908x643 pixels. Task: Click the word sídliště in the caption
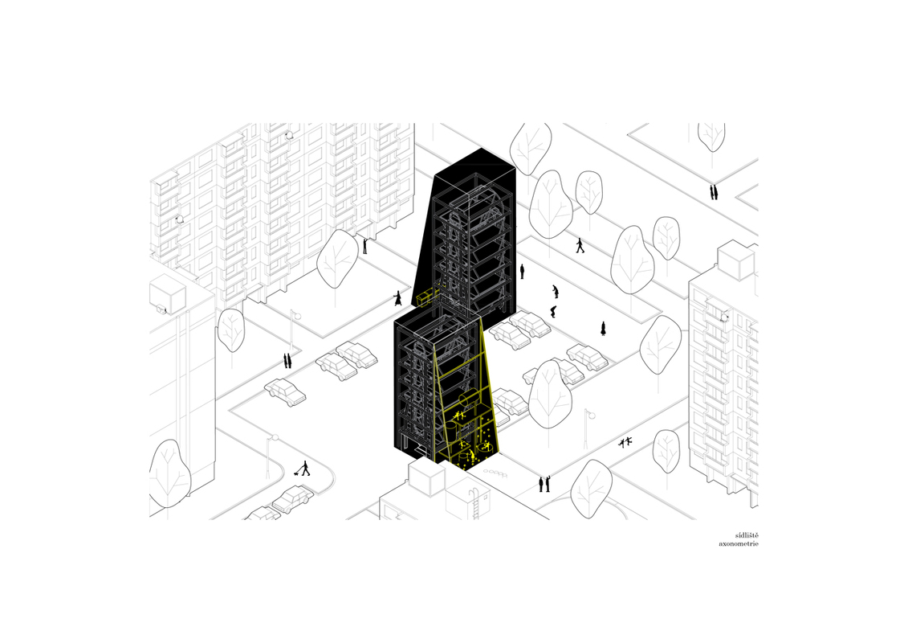(x=747, y=535)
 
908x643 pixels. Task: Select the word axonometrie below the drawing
(x=739, y=544)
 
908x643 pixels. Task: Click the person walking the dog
(x=305, y=468)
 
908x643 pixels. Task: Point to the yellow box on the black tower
(x=425, y=299)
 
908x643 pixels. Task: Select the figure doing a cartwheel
(x=625, y=443)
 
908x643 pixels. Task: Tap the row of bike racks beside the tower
(x=495, y=473)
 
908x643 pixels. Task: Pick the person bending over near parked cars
(x=554, y=312)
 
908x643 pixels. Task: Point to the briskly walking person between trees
(x=580, y=246)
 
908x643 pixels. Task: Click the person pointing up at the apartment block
(x=364, y=245)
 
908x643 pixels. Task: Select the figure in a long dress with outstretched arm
(x=398, y=299)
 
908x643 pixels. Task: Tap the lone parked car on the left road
(x=285, y=391)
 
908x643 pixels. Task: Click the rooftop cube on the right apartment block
(x=735, y=261)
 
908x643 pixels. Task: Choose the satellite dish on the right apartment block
(x=724, y=317)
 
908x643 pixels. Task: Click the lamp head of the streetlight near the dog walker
(x=275, y=438)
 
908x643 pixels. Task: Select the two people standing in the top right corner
(x=714, y=191)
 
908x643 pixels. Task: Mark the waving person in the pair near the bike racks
(x=547, y=483)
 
